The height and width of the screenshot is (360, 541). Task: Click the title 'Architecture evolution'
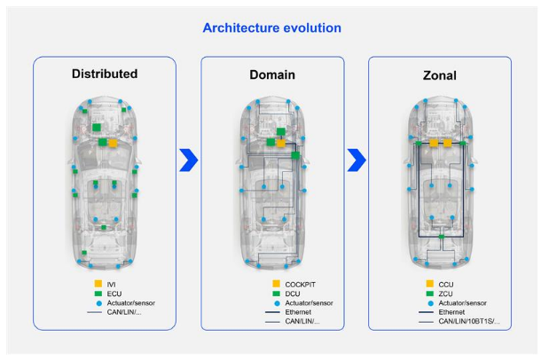[x=272, y=28]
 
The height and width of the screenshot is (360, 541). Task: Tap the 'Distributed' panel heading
[x=105, y=74]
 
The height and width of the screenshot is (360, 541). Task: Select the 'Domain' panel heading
[x=272, y=74]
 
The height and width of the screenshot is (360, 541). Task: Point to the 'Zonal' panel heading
[x=440, y=75]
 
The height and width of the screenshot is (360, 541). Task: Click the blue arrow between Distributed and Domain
[x=189, y=160]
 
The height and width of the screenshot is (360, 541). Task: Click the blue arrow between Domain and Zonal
[x=357, y=160]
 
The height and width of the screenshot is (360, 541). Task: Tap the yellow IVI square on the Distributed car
[x=113, y=143]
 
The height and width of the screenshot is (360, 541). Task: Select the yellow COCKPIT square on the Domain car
[x=281, y=143]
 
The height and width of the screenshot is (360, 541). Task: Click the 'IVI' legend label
[x=111, y=285]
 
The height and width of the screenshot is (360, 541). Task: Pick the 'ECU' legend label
[x=114, y=293]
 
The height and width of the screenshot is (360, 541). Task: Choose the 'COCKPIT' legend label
[x=300, y=285]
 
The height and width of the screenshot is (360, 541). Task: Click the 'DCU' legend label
[x=293, y=293]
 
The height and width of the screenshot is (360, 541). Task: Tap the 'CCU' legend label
[x=446, y=285]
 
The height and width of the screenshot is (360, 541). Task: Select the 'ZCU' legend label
[x=445, y=293]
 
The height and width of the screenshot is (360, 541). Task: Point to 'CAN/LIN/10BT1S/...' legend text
[x=469, y=321]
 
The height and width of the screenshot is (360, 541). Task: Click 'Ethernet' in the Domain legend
[x=298, y=312]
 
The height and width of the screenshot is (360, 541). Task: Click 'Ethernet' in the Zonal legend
[x=451, y=312]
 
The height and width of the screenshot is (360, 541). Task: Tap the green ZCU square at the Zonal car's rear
[x=441, y=237]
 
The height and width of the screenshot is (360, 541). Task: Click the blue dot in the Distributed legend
[x=99, y=304]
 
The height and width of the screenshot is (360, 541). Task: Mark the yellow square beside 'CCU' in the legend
[x=429, y=284]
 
